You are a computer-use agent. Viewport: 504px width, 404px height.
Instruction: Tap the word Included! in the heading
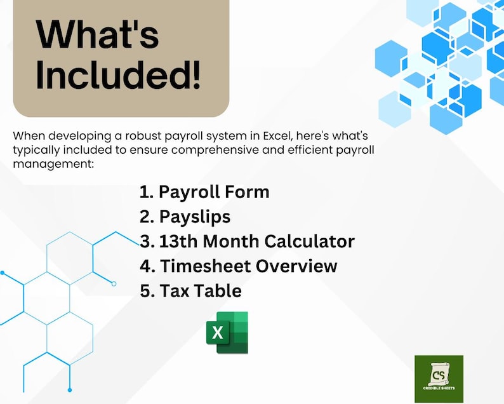point(118,76)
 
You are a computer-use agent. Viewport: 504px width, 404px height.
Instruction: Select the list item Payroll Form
point(204,192)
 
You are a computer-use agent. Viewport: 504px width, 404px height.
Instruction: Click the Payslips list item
point(185,217)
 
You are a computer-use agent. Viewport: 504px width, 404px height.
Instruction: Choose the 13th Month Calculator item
point(247,241)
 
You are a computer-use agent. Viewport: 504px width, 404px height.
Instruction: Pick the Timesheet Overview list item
point(238,266)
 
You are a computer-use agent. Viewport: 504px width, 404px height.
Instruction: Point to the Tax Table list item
point(190,291)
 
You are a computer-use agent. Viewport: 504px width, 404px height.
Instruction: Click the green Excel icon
point(227,332)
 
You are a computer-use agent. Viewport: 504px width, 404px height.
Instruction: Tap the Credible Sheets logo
point(439,379)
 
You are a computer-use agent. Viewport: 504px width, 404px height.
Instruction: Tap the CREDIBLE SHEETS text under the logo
point(439,388)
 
